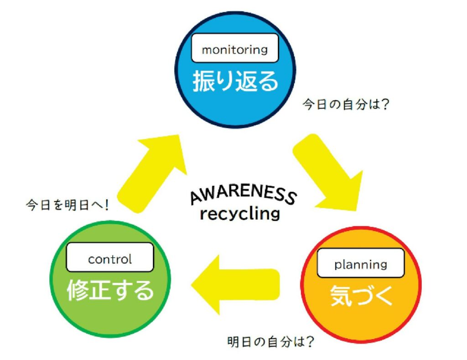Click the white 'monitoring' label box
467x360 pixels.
pos(234,48)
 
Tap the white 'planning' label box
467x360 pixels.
pos(360,263)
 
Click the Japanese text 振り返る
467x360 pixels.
pos(235,82)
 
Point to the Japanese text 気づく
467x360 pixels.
pos(360,297)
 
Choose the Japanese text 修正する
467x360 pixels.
pos(110,290)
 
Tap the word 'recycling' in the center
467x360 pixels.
pos(239,213)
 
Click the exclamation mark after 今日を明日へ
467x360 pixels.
pos(107,205)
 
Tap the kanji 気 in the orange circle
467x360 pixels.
pos(339,297)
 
